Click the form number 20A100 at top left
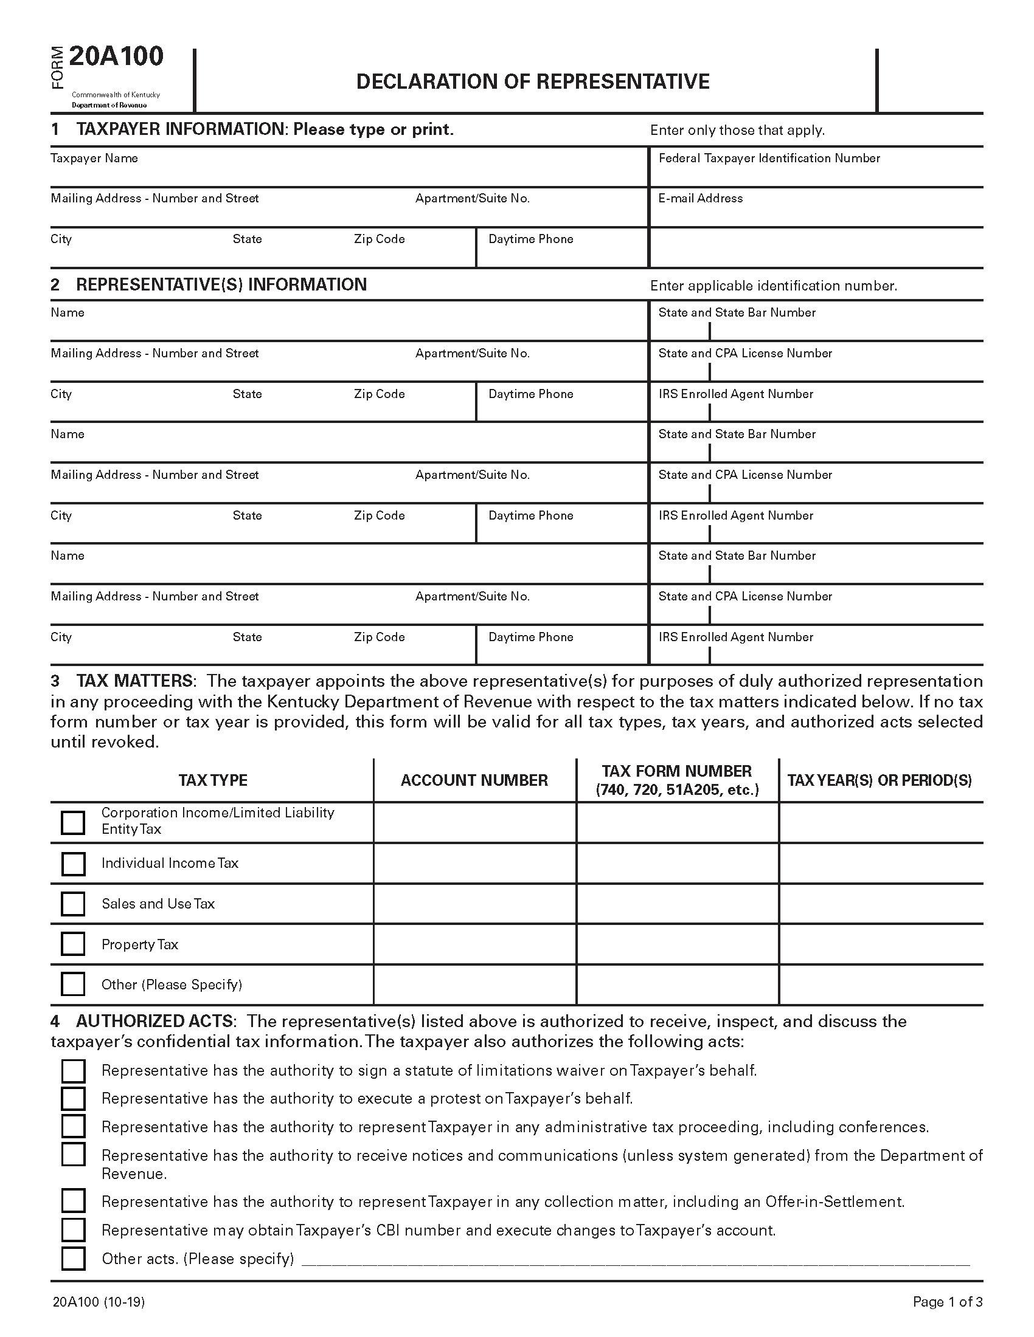click(x=116, y=57)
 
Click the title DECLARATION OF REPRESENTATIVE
click(x=532, y=81)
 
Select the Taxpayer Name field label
click(x=94, y=158)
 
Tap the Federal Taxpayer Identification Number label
click(x=769, y=158)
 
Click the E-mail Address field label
click(x=700, y=198)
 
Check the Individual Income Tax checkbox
click(x=73, y=864)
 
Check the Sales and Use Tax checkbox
click(x=73, y=904)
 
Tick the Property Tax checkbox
click(x=73, y=944)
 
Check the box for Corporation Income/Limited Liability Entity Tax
click(x=73, y=823)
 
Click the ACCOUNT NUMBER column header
click(x=474, y=780)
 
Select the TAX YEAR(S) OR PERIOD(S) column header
click(x=880, y=780)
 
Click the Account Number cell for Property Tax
click(x=474, y=944)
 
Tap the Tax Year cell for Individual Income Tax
click(x=880, y=863)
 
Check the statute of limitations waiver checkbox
click(x=73, y=1071)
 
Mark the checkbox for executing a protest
click(x=73, y=1099)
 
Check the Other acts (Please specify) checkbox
click(x=73, y=1259)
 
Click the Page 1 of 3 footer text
click(x=947, y=1302)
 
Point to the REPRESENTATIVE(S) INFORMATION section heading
click(x=221, y=284)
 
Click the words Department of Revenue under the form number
click(x=109, y=105)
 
